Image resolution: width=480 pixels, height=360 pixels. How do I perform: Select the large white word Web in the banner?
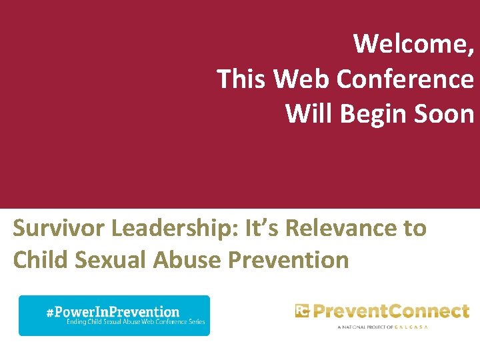pos(303,79)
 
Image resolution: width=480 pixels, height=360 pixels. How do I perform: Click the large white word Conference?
pos(406,79)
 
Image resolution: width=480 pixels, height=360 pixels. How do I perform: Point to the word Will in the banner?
pos(309,114)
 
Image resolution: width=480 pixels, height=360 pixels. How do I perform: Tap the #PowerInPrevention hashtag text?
pos(113,311)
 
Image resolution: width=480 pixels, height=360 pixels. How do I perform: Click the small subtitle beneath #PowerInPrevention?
pos(136,323)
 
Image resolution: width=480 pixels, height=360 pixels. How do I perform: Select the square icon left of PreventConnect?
pos(302,311)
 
